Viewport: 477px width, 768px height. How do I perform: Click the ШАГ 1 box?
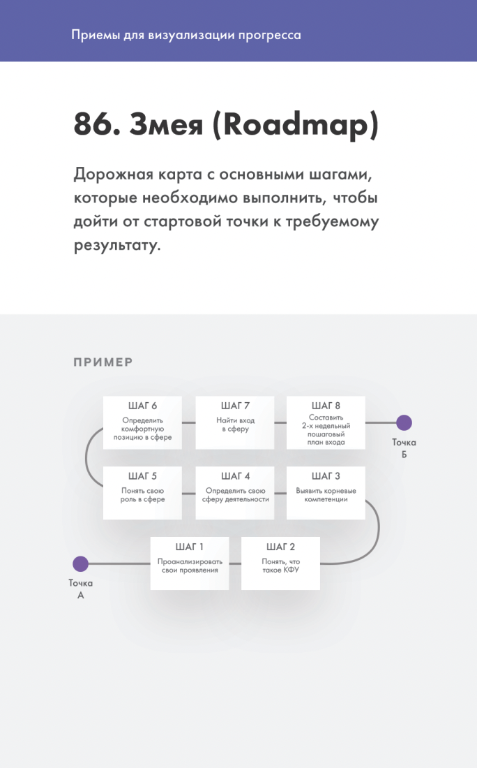coord(190,563)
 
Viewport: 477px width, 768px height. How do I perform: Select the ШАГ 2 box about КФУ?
coord(280,563)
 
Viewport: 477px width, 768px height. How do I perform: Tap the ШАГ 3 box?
coord(326,492)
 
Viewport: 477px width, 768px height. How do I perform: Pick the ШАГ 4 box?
coord(235,492)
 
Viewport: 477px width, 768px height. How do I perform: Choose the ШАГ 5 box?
coord(142,492)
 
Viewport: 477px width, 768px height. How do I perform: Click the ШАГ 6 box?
coord(142,422)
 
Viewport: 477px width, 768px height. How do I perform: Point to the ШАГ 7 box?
coord(235,422)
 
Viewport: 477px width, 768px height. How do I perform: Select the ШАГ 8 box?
coord(326,422)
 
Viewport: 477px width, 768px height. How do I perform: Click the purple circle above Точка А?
coord(80,563)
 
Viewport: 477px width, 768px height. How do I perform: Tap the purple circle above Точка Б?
coord(404,422)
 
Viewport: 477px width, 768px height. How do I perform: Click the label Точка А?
coord(80,589)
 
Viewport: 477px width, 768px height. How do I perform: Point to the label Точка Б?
coord(404,448)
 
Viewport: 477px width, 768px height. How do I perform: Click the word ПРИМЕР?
coord(103,362)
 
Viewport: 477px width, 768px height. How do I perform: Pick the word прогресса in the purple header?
coord(268,35)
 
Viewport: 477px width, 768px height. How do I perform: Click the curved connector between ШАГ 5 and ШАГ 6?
coord(87,457)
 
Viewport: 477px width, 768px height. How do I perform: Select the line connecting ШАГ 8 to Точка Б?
coord(381,422)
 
